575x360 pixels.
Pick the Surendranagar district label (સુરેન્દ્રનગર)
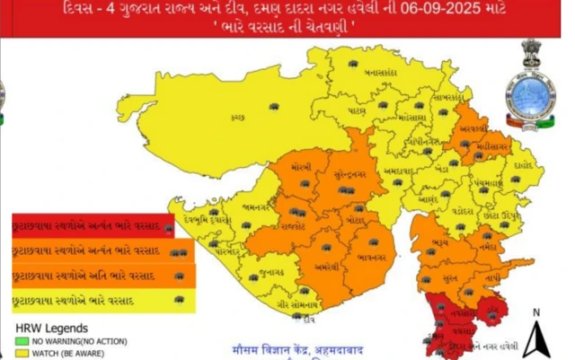345,175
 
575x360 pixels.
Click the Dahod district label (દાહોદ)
525,166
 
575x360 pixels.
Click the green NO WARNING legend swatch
20,342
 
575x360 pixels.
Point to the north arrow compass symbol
535,336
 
